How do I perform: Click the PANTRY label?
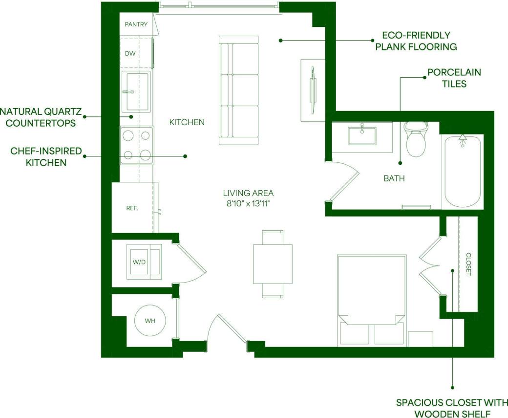coord(136,24)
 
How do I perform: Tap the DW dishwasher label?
coord(130,54)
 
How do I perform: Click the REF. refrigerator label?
coord(132,208)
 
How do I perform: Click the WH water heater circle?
coord(149,321)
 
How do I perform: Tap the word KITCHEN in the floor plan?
coord(187,122)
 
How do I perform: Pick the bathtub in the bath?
coord(462,171)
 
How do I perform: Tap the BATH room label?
coord(394,178)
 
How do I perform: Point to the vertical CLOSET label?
coord(468,264)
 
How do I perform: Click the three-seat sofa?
coord(238,90)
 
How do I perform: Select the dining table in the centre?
coord(273,264)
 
